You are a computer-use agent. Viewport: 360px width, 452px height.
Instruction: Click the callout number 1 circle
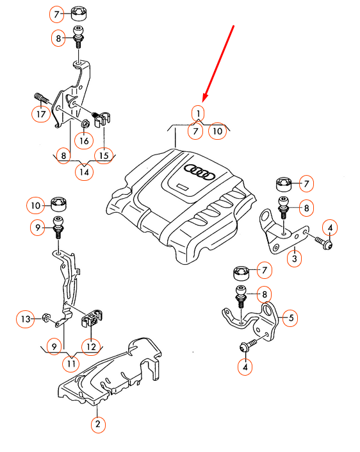pyautogui.click(x=198, y=113)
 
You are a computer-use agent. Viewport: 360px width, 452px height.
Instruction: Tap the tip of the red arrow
pyautogui.click(x=203, y=102)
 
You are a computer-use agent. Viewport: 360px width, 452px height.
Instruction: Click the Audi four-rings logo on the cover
pyautogui.click(x=200, y=171)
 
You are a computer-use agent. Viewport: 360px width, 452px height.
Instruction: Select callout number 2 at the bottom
pyautogui.click(x=98, y=424)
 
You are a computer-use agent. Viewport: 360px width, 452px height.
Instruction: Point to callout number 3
pyautogui.click(x=294, y=258)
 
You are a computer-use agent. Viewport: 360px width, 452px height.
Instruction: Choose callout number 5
pyautogui.click(x=291, y=318)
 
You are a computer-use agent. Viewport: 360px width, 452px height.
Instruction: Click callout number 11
pyautogui.click(x=71, y=364)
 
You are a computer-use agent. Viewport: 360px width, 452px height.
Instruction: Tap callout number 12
pyautogui.click(x=91, y=346)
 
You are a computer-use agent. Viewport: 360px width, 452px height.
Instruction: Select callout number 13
pyautogui.click(x=26, y=319)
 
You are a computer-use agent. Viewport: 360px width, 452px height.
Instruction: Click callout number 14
pyautogui.click(x=84, y=172)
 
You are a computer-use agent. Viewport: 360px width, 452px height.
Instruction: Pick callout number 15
pyautogui.click(x=104, y=156)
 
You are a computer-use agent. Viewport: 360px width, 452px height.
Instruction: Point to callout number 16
pyautogui.click(x=84, y=140)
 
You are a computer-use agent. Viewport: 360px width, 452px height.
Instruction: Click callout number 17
pyautogui.click(x=41, y=114)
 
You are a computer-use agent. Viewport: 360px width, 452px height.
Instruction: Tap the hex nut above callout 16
pyautogui.click(x=85, y=124)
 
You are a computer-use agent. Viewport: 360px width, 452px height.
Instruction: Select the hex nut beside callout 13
pyautogui.click(x=45, y=317)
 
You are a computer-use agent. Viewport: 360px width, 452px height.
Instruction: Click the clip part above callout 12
pyautogui.click(x=92, y=318)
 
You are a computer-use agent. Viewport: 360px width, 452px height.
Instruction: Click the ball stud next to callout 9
pyautogui.click(x=58, y=226)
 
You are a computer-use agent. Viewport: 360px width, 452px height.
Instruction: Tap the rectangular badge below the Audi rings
pyautogui.click(x=183, y=187)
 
